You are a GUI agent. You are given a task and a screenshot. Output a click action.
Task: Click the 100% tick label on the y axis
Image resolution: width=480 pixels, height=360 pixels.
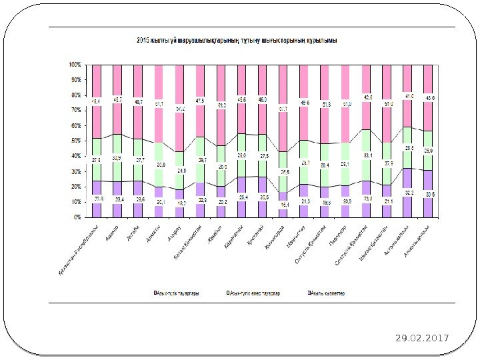[x=74, y=65]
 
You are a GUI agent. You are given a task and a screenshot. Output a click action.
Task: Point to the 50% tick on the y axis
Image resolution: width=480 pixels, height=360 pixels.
[x=75, y=141]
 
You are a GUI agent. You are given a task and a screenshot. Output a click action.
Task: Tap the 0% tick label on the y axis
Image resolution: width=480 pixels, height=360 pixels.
[x=77, y=217]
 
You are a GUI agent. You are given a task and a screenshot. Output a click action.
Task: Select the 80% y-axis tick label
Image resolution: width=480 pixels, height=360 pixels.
[x=75, y=95]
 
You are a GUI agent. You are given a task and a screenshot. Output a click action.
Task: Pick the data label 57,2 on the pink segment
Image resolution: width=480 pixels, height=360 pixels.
[x=181, y=108]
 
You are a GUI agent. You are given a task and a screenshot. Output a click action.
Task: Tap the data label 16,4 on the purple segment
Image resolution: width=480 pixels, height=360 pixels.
[x=284, y=204]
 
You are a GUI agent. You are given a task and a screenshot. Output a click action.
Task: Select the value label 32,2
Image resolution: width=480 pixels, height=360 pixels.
[x=408, y=192]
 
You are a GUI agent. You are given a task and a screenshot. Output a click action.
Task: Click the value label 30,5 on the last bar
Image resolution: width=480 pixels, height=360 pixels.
[x=428, y=193]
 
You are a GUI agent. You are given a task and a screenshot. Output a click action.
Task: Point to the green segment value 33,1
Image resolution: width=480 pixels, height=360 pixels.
[x=367, y=155]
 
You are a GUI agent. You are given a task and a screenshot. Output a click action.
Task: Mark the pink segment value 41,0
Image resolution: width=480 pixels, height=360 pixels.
[x=408, y=96]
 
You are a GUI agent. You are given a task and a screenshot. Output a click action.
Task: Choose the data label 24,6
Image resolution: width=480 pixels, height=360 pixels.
[x=181, y=171]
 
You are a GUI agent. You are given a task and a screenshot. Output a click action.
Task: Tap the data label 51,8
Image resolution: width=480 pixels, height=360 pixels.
[x=325, y=105]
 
